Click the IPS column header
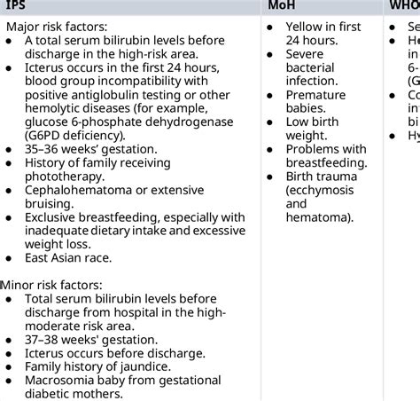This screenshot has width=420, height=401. pyautogui.click(x=16, y=6)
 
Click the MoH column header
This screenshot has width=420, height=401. pyautogui.click(x=284, y=6)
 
